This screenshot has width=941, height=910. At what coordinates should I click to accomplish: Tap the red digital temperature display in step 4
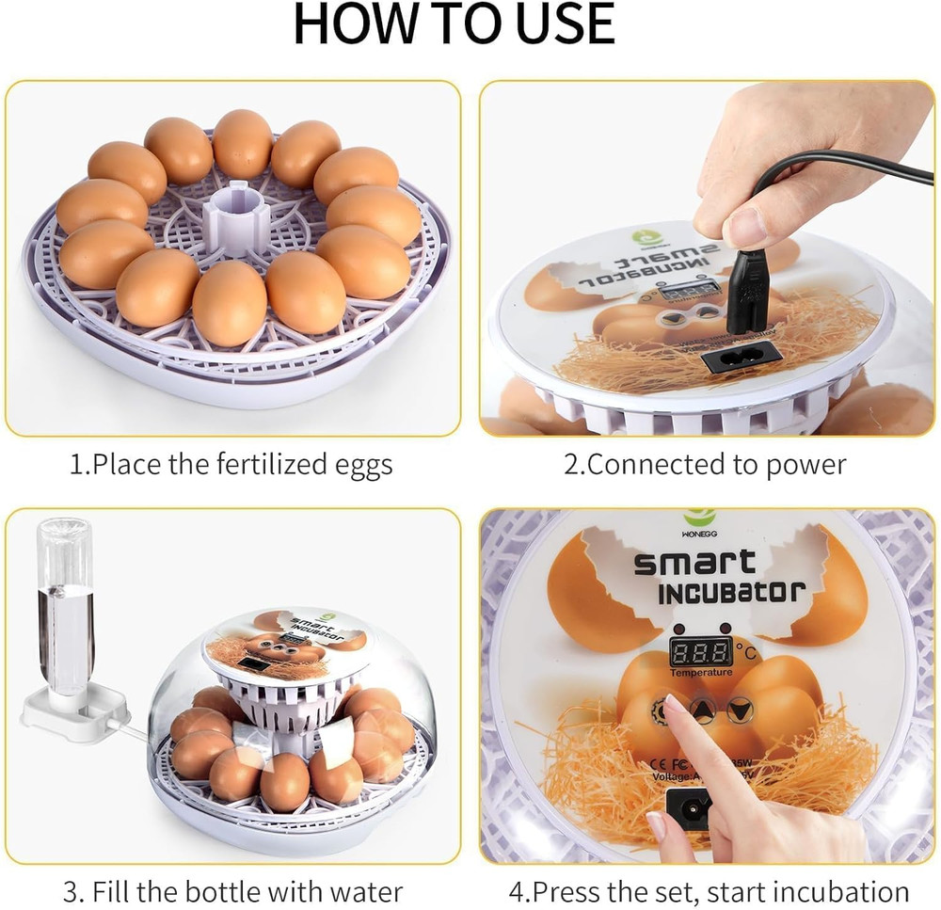701,650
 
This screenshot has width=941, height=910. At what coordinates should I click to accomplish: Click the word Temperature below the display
701,672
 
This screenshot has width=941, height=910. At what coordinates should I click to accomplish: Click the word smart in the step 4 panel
694,563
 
